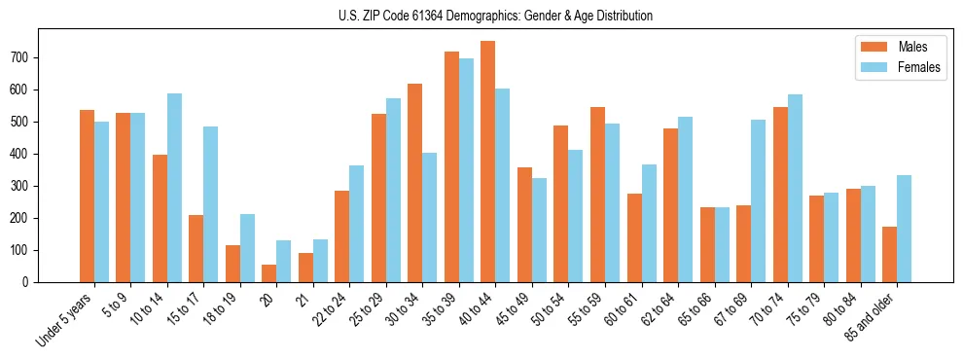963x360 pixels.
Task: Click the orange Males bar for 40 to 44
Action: [x=487, y=162]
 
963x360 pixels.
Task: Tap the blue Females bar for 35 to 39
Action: [x=466, y=170]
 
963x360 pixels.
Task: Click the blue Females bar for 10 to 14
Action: [x=174, y=188]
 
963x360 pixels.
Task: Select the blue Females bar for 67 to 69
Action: [x=758, y=200]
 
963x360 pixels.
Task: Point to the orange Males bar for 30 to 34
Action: [x=414, y=183]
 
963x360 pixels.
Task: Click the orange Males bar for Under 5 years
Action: [x=87, y=196]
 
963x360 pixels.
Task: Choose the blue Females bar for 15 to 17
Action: [x=211, y=204]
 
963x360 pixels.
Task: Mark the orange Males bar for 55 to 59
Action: [x=597, y=195]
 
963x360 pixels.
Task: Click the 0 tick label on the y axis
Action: [x=31, y=282]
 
